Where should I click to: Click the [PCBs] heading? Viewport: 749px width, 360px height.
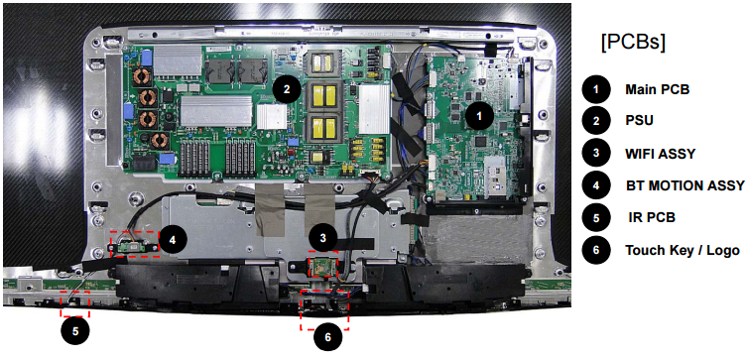(633, 43)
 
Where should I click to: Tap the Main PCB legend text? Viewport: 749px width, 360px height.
(657, 89)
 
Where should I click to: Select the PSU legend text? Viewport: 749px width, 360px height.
(640, 121)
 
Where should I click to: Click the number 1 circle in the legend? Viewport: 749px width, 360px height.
(595, 89)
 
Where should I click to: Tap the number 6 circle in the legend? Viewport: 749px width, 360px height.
(595, 250)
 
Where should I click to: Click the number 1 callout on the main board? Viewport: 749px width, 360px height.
(480, 115)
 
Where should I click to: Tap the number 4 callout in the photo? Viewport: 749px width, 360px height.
(172, 239)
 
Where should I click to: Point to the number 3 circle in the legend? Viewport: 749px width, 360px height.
(595, 154)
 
